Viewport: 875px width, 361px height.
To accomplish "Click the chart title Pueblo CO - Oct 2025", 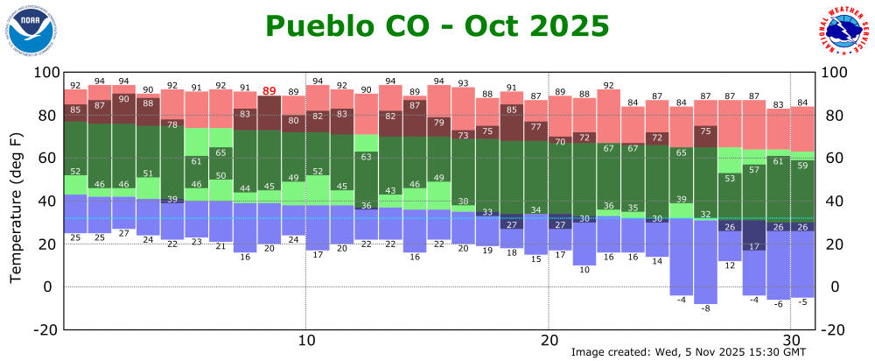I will (437, 25).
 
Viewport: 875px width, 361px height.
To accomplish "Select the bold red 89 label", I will (269, 91).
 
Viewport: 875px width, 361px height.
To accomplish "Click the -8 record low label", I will (705, 309).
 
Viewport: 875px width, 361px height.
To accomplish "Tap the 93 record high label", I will (463, 83).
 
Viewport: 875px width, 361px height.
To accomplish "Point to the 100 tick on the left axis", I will (44, 73).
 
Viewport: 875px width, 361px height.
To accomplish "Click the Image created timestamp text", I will (687, 352).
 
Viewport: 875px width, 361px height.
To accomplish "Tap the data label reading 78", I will (172, 124).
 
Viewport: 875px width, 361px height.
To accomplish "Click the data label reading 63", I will (367, 157).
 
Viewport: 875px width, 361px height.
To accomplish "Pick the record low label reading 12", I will (730, 265).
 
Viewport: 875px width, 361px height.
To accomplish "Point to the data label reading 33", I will (487, 212).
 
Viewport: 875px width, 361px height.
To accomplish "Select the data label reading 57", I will (753, 169).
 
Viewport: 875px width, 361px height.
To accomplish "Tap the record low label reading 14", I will (657, 261).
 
